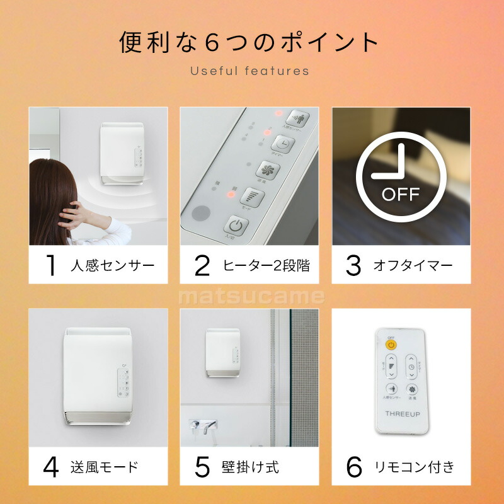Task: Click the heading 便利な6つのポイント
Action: [249, 43]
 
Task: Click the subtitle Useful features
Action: [250, 71]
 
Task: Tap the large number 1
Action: [51, 266]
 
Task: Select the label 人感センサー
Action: [112, 266]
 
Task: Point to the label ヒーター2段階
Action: [266, 266]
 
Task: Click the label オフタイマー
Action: [413, 266]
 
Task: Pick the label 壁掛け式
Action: [250, 467]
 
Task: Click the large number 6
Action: [354, 467]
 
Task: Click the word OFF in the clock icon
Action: [401, 193]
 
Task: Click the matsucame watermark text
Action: [251, 297]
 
